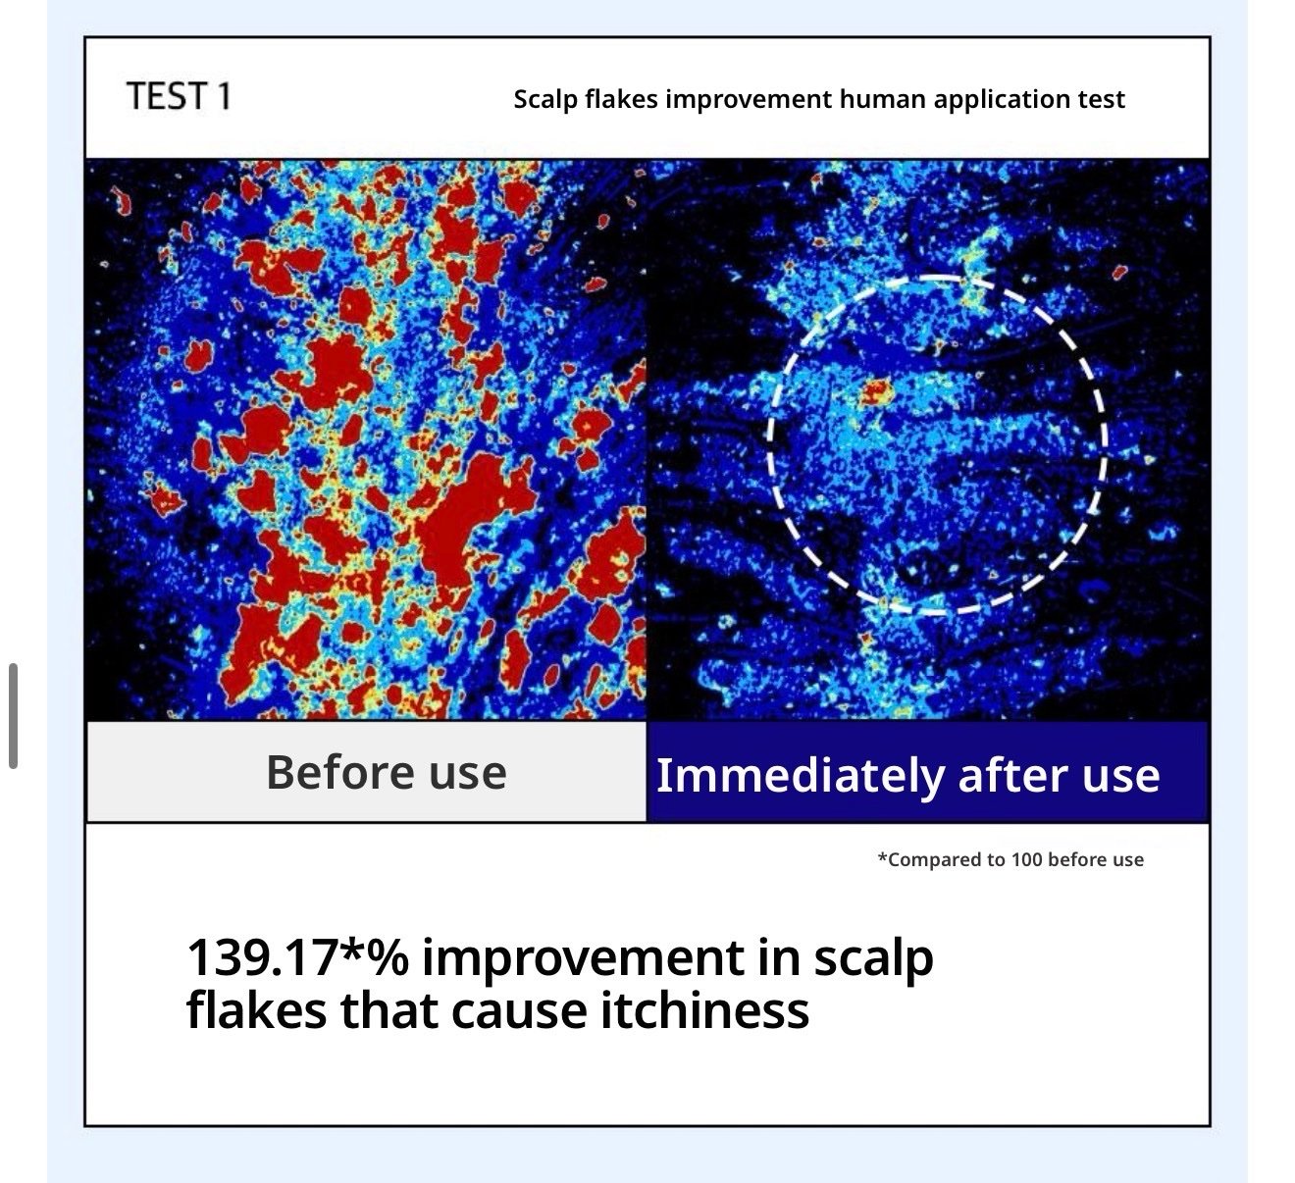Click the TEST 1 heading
[179, 96]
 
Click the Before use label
[386, 772]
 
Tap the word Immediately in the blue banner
[801, 776]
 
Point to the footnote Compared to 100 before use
[1010, 859]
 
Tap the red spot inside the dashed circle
[875, 391]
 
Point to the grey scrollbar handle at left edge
[13, 716]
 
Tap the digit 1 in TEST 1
[224, 96]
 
